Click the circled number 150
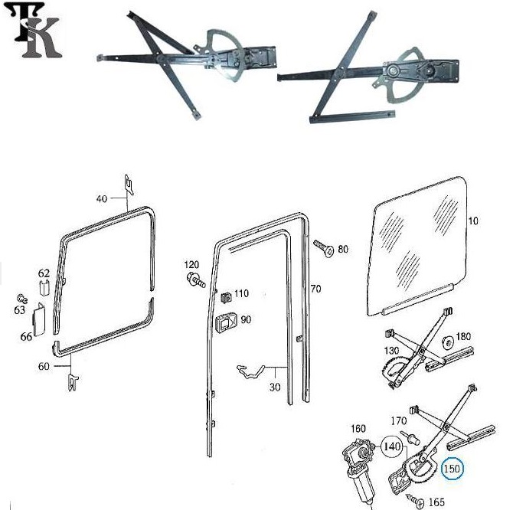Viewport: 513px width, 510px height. pyautogui.click(x=453, y=469)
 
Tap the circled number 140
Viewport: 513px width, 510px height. pyautogui.click(x=392, y=446)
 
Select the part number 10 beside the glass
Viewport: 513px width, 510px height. pyautogui.click(x=473, y=221)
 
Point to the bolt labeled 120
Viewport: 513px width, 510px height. pyautogui.click(x=196, y=280)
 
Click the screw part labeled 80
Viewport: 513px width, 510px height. pyautogui.click(x=324, y=248)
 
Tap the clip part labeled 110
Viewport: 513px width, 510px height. pyautogui.click(x=225, y=297)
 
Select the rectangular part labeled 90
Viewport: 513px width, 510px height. pyautogui.click(x=226, y=322)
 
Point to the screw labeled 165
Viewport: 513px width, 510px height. pyautogui.click(x=415, y=501)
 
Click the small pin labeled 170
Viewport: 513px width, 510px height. pyautogui.click(x=411, y=437)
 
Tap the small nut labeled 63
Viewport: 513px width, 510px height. pyautogui.click(x=21, y=299)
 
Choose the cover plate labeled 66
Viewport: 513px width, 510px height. pyautogui.click(x=38, y=319)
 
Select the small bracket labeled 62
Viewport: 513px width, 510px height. pyautogui.click(x=44, y=288)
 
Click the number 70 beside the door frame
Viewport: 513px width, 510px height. pyautogui.click(x=315, y=289)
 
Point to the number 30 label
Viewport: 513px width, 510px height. pyautogui.click(x=275, y=387)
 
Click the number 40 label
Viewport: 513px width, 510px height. pyautogui.click(x=101, y=198)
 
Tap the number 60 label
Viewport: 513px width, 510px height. pyautogui.click(x=44, y=366)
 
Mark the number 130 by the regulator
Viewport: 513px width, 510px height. pyautogui.click(x=391, y=351)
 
